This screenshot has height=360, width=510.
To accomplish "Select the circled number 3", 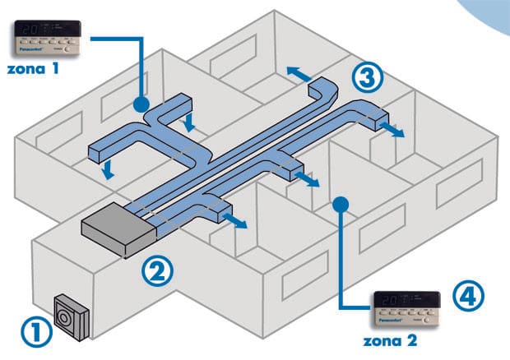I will tap(369, 77).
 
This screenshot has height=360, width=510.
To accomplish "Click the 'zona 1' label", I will tap(31, 70).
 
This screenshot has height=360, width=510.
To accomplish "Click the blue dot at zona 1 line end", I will tap(141, 104).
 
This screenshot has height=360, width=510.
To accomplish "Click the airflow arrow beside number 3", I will tap(299, 72).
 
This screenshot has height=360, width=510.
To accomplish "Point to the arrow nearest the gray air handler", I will tap(236, 222).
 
